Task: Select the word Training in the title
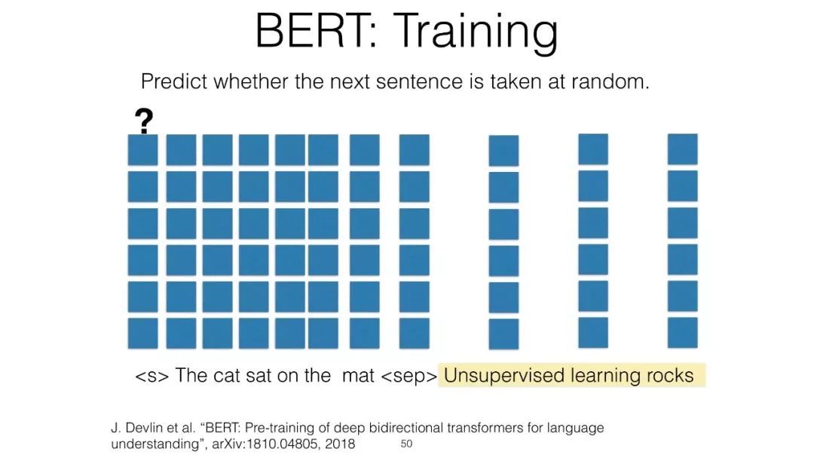tap(476, 32)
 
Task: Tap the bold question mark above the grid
tap(144, 121)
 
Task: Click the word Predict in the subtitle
tap(174, 81)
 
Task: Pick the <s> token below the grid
tap(151, 375)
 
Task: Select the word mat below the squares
tap(358, 375)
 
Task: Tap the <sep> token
tap(409, 376)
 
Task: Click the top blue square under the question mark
tap(142, 149)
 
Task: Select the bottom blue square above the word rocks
tap(683, 332)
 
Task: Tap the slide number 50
tap(406, 444)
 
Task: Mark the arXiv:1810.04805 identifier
tap(266, 444)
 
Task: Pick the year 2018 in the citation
tap(340, 444)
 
